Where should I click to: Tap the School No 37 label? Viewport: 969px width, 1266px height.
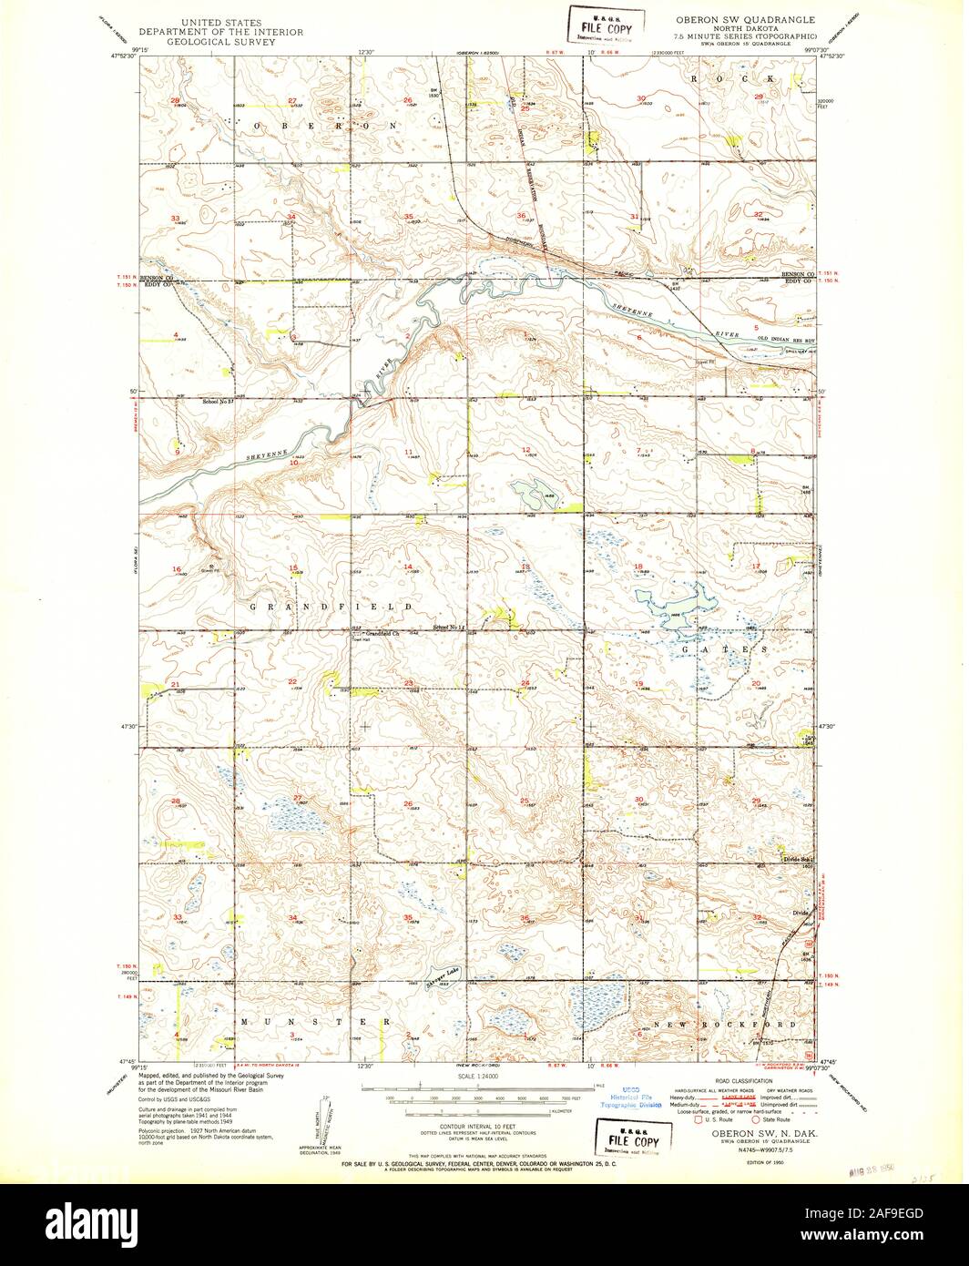click(219, 401)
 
